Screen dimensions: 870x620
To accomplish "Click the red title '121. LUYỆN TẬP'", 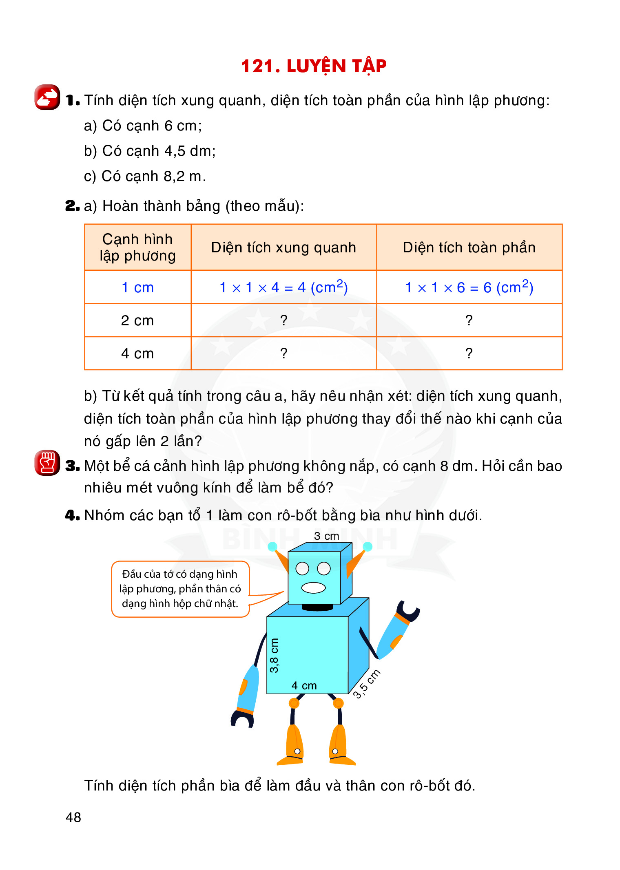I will tap(314, 66).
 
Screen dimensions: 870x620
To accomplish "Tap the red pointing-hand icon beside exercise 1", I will tap(47, 97).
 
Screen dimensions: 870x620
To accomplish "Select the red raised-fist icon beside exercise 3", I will tap(47, 463).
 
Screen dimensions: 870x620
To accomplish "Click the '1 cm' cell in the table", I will tap(137, 287).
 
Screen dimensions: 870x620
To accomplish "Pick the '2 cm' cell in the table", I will tap(137, 320).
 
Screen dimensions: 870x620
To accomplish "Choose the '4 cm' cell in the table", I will tap(137, 353).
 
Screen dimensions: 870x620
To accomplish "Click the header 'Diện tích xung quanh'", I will tap(283, 247).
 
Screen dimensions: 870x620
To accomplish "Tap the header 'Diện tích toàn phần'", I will tap(469, 247).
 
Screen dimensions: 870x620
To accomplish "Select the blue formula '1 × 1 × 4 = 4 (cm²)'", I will tap(283, 287).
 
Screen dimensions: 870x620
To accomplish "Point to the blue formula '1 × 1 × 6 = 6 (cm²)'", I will tap(469, 287).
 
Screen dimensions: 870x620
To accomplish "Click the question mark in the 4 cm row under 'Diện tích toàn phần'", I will tap(469, 353).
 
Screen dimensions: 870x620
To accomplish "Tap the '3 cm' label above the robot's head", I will tap(327, 536).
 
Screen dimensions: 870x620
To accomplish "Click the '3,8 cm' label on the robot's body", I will tap(274, 655).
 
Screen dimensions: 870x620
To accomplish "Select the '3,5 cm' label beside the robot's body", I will tap(366, 684).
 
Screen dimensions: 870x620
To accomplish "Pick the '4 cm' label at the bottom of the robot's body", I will tap(304, 686).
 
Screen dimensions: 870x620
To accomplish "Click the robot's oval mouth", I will tap(313, 587).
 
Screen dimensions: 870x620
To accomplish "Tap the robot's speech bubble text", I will tap(180, 589).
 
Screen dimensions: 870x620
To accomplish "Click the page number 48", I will tap(73, 817).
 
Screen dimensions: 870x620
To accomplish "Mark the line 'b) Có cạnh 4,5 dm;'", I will tap(150, 151).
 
